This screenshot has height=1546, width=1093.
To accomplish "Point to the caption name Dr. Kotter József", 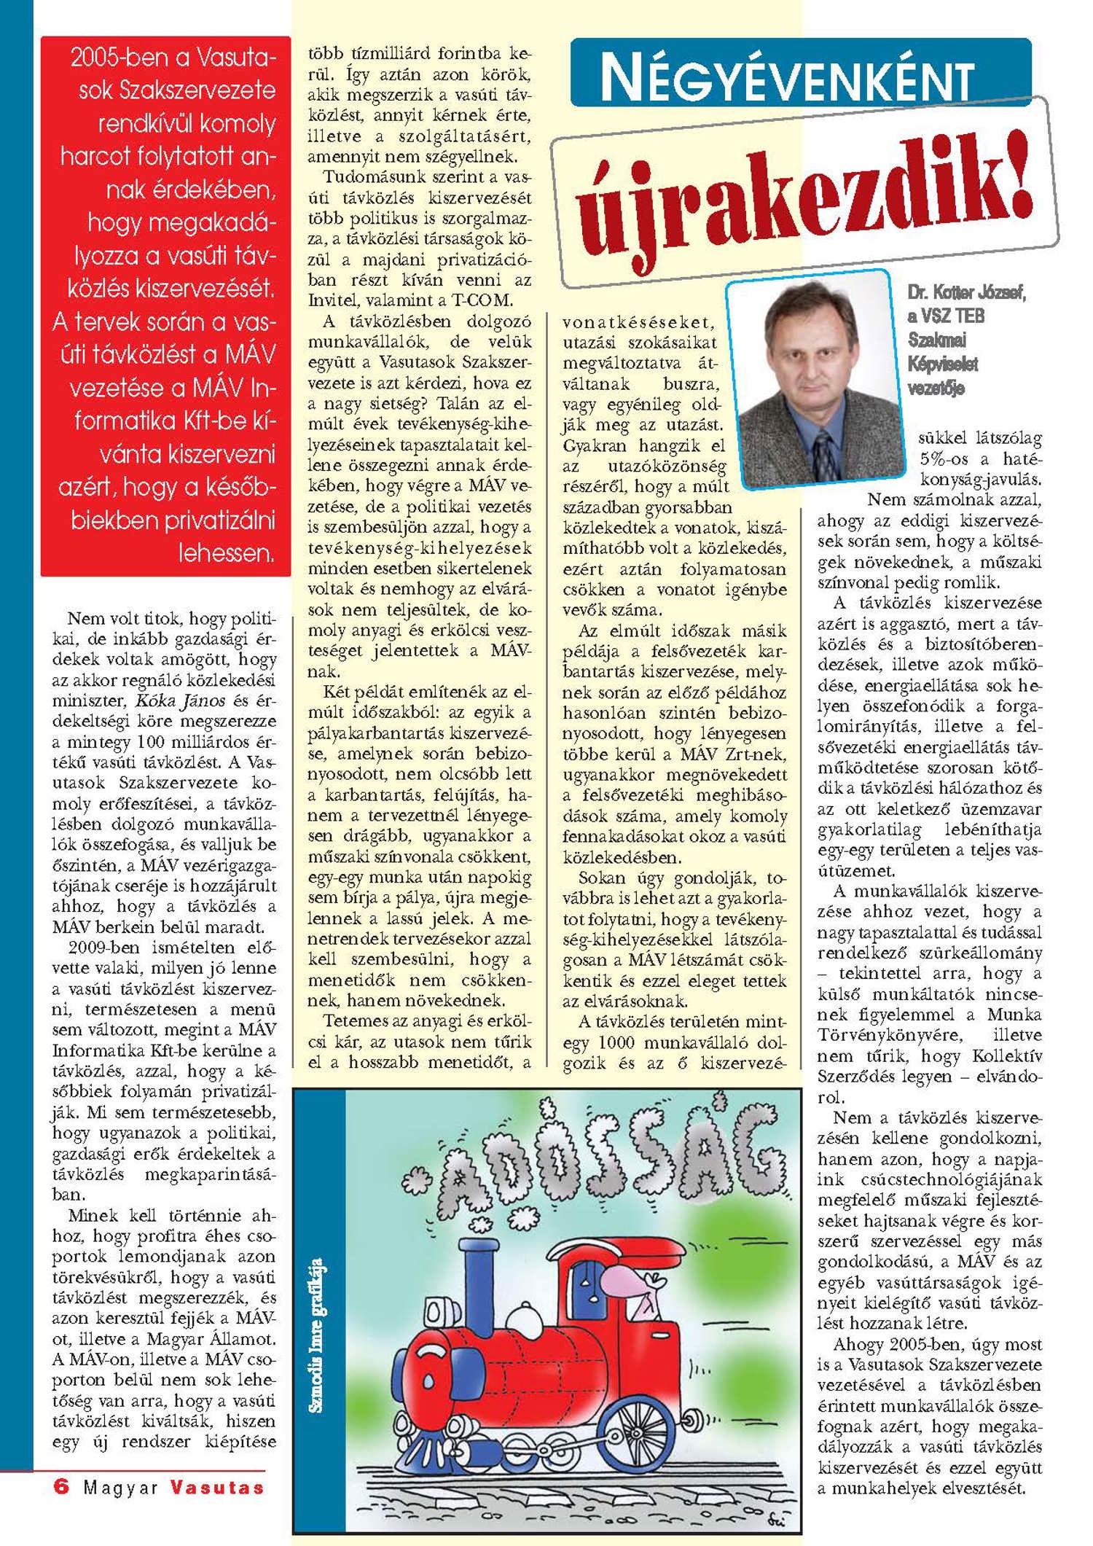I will [966, 293].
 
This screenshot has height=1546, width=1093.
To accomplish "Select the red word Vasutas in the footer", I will [217, 1487].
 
